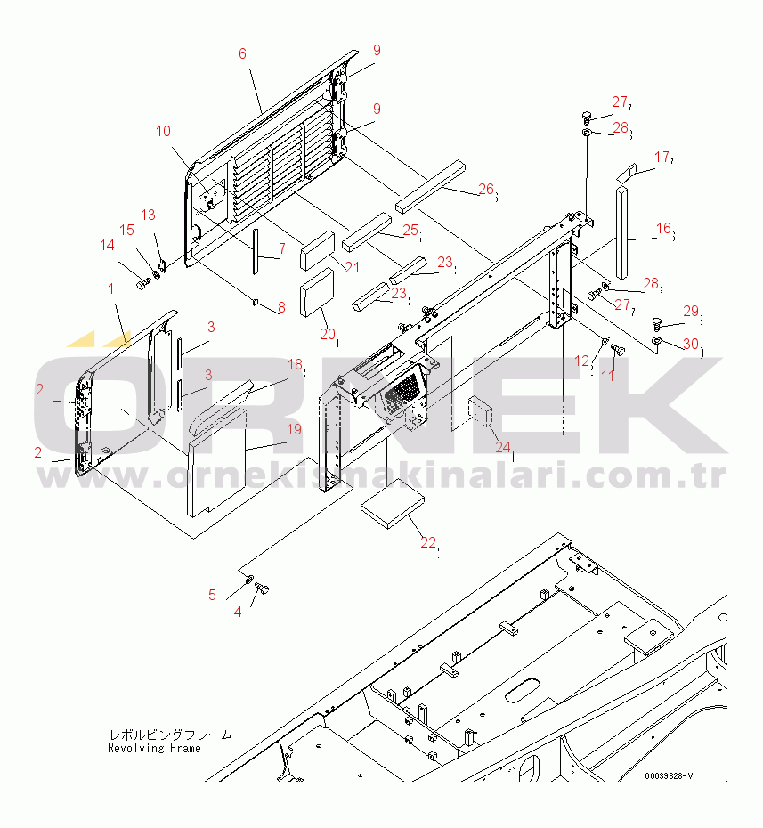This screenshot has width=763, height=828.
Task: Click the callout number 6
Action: coord(241,53)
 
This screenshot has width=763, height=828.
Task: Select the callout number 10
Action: coord(163,131)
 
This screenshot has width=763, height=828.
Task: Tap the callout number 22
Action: coord(428,542)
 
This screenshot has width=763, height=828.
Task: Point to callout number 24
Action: coord(503,446)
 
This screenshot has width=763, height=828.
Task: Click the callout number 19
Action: coord(294,429)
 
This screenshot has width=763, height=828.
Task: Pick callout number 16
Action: coord(663,229)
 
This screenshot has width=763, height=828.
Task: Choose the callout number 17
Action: coord(662,158)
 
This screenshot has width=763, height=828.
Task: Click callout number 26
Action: coord(485,188)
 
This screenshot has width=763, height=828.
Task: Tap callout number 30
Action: coord(691,345)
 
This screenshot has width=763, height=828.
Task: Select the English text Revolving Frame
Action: coord(154,748)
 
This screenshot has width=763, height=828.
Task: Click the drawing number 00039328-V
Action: coord(669,776)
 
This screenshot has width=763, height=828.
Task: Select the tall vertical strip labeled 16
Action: coord(621,227)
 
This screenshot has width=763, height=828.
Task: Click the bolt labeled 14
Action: coord(143,285)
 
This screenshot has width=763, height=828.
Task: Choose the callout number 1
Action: coord(110,288)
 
